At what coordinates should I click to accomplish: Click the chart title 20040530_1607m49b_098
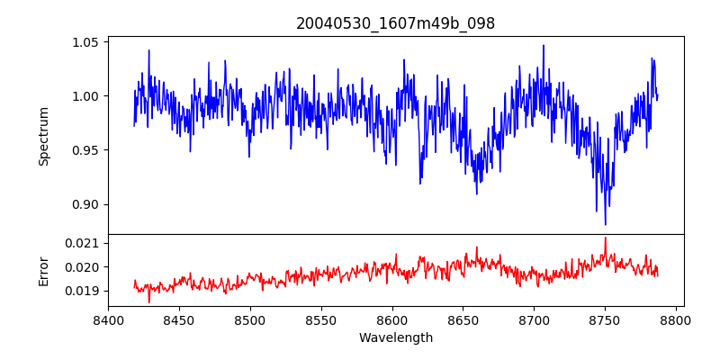click(395, 23)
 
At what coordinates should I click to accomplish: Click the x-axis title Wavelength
click(395, 338)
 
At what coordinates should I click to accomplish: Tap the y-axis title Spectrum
click(43, 136)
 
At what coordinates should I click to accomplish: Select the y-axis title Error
click(43, 270)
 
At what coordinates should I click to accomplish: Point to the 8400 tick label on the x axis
click(108, 319)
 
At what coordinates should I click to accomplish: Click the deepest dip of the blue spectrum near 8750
click(605, 224)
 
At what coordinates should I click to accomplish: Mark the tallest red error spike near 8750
click(605, 238)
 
